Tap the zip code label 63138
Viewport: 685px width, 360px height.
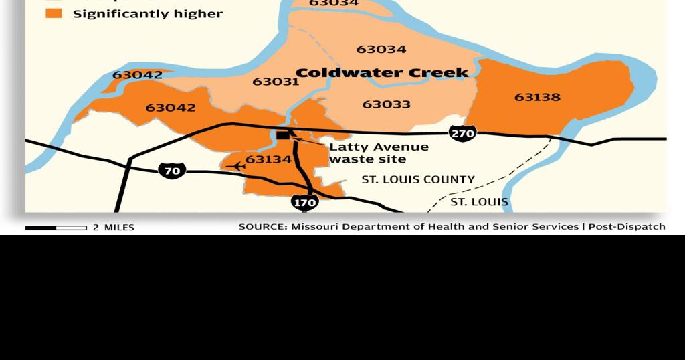click(x=537, y=97)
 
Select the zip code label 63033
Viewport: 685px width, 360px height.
click(x=386, y=104)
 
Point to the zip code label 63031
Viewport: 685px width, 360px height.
click(x=276, y=82)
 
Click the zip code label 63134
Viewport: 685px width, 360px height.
click(x=268, y=159)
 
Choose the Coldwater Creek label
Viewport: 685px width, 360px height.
click(x=381, y=73)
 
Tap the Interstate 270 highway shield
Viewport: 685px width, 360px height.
click(x=462, y=133)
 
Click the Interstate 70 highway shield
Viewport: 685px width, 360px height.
click(x=172, y=171)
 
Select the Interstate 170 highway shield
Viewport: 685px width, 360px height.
click(x=304, y=201)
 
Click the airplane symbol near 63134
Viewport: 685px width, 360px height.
click(x=237, y=166)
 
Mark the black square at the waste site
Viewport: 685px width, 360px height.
click(x=283, y=135)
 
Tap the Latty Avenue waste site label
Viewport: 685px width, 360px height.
click(x=378, y=153)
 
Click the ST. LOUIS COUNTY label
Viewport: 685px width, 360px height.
click(x=418, y=179)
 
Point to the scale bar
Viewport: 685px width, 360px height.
click(x=56, y=228)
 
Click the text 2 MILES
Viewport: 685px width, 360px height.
click(x=114, y=228)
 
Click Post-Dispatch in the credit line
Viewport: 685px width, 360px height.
click(x=627, y=226)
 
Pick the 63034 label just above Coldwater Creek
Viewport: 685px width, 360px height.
click(x=381, y=49)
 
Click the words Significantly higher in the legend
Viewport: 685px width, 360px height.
click(x=147, y=13)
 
